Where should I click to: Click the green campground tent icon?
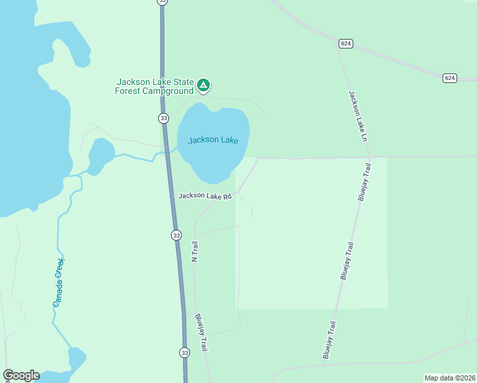(x=203, y=85)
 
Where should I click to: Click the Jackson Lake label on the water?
(x=212, y=140)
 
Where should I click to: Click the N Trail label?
(x=195, y=250)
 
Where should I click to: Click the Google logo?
(x=21, y=375)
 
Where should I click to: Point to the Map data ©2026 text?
(x=449, y=378)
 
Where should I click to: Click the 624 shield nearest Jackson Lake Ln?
(x=346, y=43)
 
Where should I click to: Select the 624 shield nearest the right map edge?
(x=450, y=78)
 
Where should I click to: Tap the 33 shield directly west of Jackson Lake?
(x=163, y=118)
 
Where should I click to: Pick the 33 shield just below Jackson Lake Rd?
(x=177, y=235)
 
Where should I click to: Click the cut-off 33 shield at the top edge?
(x=163, y=2)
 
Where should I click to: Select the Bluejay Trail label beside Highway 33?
(x=202, y=331)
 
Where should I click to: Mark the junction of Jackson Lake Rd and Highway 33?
(x=172, y=196)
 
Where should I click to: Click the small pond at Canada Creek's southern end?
(x=76, y=359)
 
